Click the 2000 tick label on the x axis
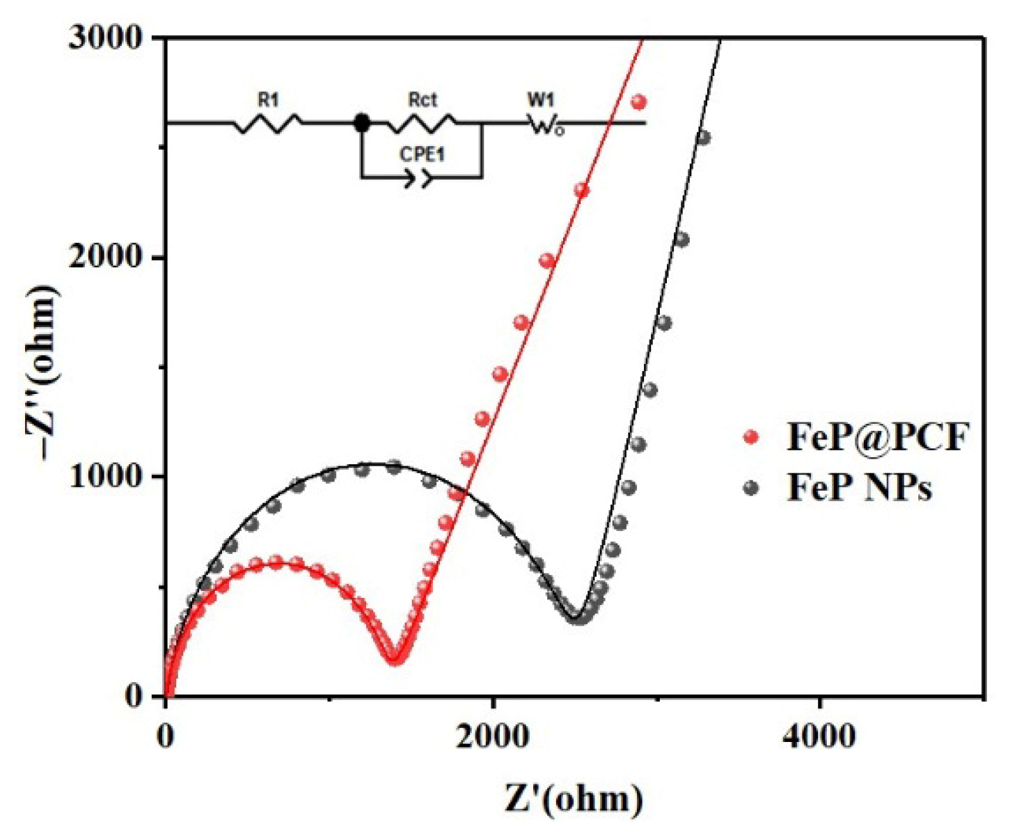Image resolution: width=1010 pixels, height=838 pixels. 492,736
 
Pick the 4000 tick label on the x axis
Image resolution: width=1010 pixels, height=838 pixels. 819,736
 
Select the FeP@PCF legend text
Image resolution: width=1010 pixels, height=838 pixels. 878,438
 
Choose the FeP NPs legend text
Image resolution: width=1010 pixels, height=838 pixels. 860,488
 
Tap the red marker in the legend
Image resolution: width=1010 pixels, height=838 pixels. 750,438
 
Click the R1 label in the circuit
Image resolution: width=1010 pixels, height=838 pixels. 269,100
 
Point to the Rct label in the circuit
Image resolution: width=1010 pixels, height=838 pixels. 423,100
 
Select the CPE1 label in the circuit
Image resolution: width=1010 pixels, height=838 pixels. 422,154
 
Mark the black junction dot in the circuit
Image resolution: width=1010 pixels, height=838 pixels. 361,123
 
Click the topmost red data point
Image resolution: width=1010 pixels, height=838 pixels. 638,102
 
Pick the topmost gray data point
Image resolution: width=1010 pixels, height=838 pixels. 703,138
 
